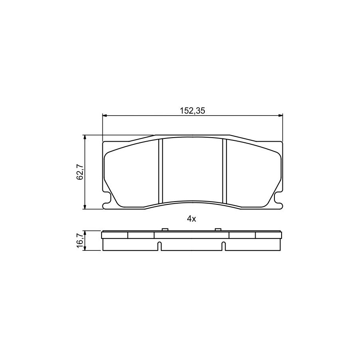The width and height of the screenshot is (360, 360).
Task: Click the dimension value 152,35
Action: coord(192,111)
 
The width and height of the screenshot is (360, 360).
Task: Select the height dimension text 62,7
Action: coord(80,172)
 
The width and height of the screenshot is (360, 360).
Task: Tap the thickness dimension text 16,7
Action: coord(80,241)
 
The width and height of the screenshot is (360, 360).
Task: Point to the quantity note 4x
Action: coord(192,219)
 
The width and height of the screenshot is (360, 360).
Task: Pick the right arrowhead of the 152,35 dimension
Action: coord(280,116)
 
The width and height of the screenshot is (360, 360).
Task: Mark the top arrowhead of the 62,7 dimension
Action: coord(85,138)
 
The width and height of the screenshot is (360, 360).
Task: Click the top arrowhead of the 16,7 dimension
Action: coord(85,234)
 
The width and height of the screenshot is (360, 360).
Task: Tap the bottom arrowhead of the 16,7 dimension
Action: coord(85,248)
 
